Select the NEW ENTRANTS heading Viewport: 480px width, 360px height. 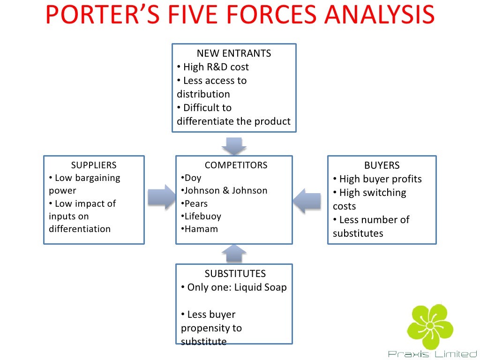point(234,53)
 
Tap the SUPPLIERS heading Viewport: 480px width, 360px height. point(94,165)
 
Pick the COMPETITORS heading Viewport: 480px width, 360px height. point(236,165)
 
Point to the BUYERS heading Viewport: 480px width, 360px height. point(382,165)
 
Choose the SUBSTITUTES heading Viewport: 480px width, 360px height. point(235,273)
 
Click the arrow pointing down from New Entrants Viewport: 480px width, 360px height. point(234,146)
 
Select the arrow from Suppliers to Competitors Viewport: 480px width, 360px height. point(160,197)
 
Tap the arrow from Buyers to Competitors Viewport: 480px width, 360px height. point(307,201)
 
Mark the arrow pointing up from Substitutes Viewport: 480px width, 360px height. point(233,254)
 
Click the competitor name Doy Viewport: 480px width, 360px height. point(192,178)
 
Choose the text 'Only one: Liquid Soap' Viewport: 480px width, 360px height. point(236,287)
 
